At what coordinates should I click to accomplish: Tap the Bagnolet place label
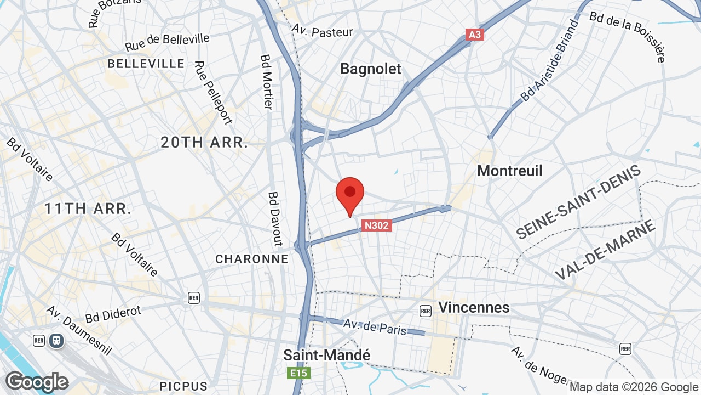(371, 69)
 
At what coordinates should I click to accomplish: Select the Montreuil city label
(510, 171)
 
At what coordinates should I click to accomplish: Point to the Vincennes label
(474, 307)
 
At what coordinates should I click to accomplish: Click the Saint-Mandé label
(327, 355)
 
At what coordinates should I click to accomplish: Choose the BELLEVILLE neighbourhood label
(146, 64)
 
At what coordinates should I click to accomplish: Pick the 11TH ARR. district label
(88, 208)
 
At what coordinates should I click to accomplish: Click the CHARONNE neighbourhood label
(252, 259)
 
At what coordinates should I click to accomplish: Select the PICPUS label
(183, 386)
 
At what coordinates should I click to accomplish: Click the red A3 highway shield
(475, 35)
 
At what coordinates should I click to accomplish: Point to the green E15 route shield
(299, 374)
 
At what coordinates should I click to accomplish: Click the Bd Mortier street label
(267, 81)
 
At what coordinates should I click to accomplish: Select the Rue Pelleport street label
(213, 92)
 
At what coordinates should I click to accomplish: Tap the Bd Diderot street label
(113, 314)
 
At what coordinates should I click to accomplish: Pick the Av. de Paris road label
(375, 327)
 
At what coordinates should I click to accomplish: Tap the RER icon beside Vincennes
(426, 311)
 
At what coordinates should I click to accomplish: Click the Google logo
(37, 381)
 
